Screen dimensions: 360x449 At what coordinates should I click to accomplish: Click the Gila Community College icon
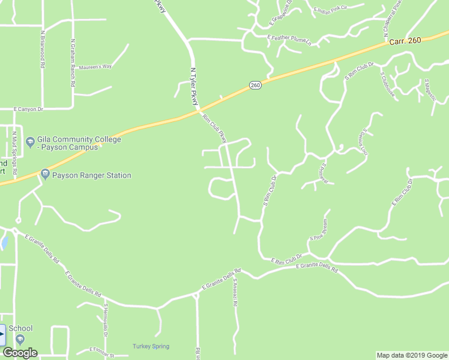pos(31,142)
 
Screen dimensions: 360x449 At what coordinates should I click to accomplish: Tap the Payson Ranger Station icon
pos(44,174)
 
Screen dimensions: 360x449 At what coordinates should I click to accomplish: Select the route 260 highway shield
pos(255,85)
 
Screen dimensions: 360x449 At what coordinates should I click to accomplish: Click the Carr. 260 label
pos(405,40)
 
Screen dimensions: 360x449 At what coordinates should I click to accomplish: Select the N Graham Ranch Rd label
pos(73,64)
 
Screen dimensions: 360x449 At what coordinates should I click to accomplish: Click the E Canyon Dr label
pos(29,109)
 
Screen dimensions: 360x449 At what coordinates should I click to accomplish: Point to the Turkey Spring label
pos(151,346)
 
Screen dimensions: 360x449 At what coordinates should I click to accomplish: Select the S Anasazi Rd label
pos(235,292)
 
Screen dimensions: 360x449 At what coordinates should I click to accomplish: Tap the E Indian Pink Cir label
pos(339,8)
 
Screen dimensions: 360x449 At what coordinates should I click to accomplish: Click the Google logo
pos(20,353)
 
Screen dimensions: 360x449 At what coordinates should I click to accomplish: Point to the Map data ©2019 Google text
pos(412,355)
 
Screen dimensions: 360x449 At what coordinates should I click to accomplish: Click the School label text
pos(20,328)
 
